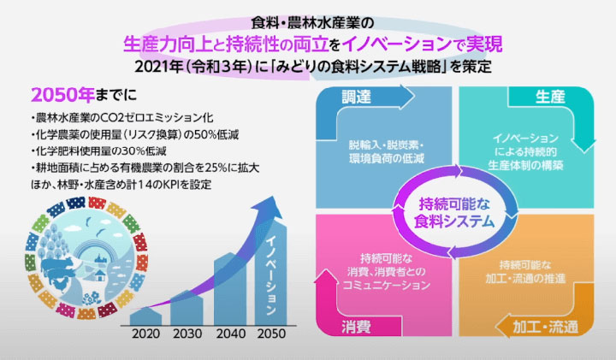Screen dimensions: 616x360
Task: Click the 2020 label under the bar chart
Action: point(145,333)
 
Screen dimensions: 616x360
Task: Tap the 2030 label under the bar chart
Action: point(187,333)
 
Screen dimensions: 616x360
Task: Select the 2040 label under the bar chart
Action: point(231,333)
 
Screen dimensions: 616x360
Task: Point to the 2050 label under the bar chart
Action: point(271,333)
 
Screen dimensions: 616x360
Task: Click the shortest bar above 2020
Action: point(145,316)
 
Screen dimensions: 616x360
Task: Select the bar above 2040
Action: point(230,289)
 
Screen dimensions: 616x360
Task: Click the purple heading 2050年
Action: point(62,95)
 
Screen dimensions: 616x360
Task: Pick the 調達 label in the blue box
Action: point(356,97)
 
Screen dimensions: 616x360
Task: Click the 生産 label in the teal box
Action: point(550,97)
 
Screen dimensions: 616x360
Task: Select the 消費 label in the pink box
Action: point(356,327)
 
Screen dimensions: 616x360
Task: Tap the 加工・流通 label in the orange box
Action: point(545,327)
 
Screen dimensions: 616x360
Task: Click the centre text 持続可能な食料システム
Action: point(454,212)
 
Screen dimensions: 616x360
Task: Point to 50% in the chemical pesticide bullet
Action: point(205,134)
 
